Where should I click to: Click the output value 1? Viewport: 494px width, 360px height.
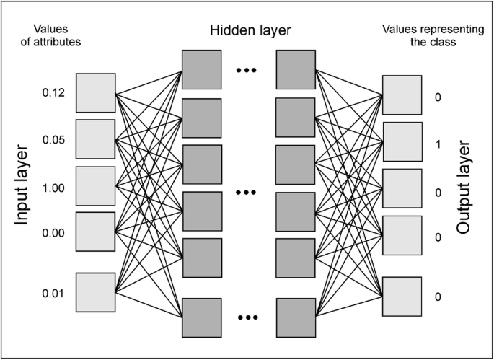(x=438, y=143)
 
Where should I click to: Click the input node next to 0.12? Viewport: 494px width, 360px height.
(x=95, y=93)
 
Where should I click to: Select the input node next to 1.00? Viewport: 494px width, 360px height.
(x=95, y=186)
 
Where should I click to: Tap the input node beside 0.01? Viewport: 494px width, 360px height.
(x=95, y=293)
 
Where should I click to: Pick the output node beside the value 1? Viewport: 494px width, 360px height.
(x=402, y=143)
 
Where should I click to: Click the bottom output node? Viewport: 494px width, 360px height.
(x=402, y=297)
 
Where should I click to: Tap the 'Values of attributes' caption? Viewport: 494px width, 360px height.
(x=56, y=35)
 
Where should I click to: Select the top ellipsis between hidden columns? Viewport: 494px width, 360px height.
(x=247, y=71)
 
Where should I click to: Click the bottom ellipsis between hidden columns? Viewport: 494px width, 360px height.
(x=247, y=317)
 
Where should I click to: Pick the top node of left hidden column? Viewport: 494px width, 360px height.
(x=202, y=71)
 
